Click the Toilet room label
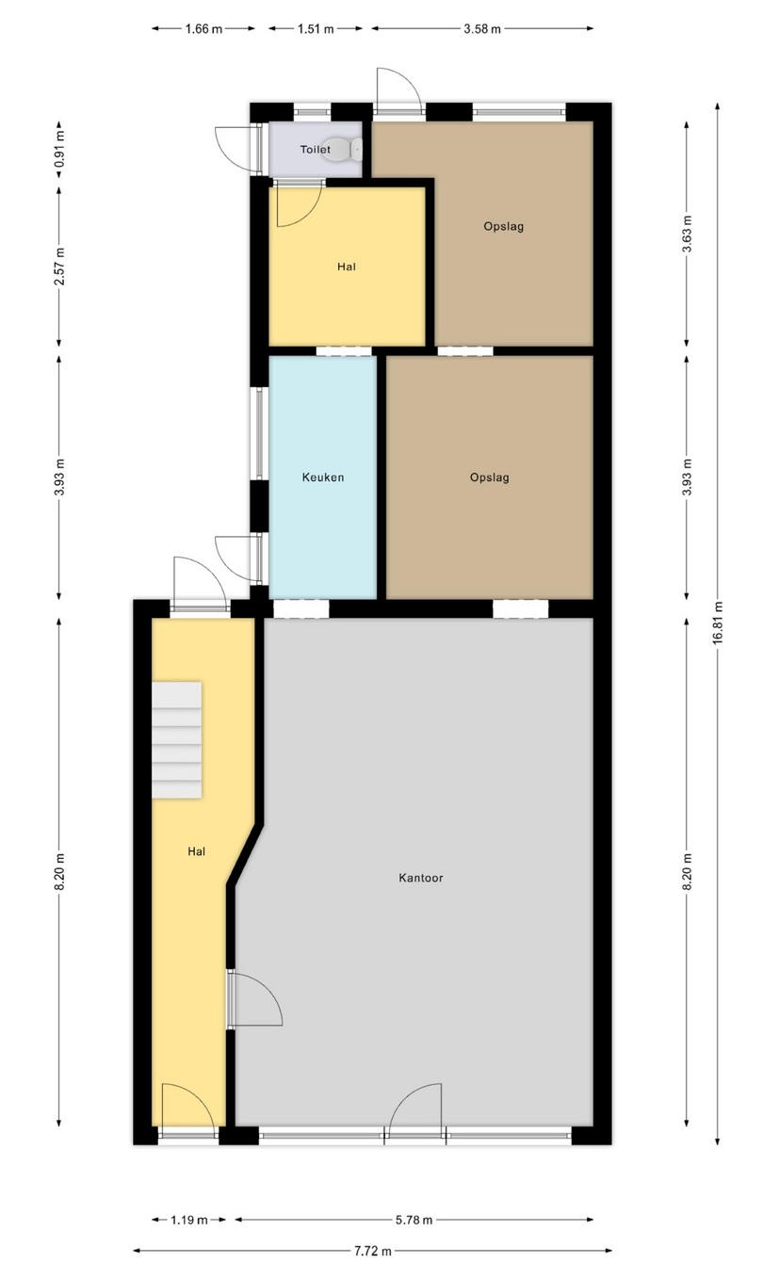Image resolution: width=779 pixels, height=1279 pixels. coord(316,150)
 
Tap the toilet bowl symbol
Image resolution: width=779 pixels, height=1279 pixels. coord(343,149)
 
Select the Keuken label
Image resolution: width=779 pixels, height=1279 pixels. coord(323,478)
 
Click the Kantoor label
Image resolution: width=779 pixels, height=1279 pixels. coord(421,878)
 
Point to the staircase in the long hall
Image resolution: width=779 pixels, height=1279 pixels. coord(176,739)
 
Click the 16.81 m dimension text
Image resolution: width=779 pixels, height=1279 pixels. coord(718,623)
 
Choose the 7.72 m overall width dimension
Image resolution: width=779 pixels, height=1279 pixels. coord(372,1251)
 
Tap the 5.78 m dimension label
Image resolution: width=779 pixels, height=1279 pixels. coord(414,1220)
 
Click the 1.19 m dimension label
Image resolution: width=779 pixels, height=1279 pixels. coord(189,1220)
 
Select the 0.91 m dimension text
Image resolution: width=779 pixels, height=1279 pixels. coord(59,150)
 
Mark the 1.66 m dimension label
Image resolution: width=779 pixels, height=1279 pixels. coord(203,28)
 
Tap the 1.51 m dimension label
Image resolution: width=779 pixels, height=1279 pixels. coord(316,28)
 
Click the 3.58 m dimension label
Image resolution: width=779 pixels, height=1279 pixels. coord(482,28)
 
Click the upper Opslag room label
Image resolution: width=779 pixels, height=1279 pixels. coord(504,226)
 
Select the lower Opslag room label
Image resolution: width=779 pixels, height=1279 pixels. coord(490,478)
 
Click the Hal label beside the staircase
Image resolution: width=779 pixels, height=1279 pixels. coord(197,851)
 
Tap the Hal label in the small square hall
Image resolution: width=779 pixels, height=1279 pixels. coord(346,267)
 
